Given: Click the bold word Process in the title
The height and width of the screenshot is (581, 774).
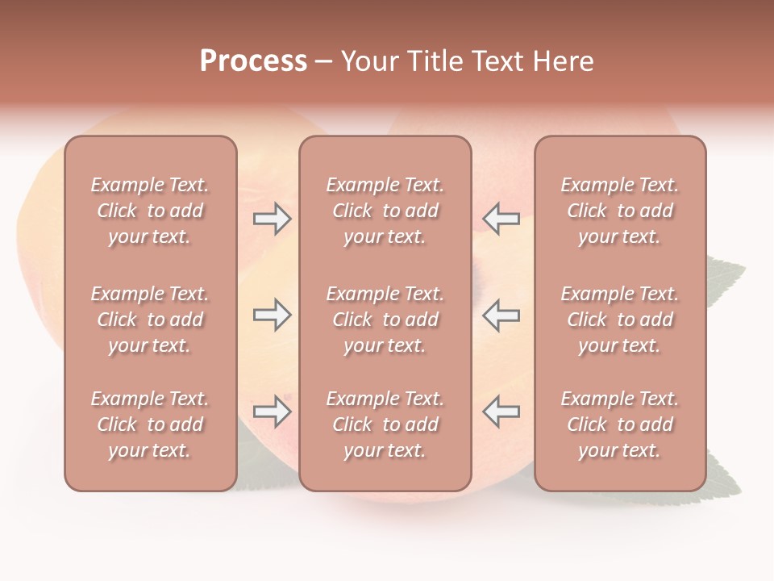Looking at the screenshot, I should (x=253, y=61).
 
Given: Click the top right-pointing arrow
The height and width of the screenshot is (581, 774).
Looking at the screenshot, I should (x=272, y=219).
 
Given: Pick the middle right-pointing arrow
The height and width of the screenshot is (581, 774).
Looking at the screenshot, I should (x=272, y=315).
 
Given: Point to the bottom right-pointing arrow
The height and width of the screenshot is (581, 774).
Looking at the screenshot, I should (x=272, y=412).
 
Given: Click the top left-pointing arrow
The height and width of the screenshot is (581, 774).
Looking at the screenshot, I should (x=501, y=219).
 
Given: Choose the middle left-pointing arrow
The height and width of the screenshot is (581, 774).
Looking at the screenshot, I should (x=501, y=315).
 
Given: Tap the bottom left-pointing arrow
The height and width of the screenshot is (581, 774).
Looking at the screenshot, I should (x=501, y=412).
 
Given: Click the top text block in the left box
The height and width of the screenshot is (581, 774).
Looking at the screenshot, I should (x=150, y=211).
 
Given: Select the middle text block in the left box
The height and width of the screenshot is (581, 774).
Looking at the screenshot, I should (x=150, y=320).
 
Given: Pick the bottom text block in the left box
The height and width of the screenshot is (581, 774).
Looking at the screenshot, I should (x=150, y=424).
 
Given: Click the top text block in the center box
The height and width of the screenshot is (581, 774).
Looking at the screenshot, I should (x=385, y=211).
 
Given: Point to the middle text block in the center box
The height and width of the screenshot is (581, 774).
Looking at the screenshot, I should (x=385, y=320).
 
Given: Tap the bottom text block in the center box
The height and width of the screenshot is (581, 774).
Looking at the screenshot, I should (x=385, y=424).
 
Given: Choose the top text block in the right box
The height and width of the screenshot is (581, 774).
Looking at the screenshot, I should (x=619, y=211).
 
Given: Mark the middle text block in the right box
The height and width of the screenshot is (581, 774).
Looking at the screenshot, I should (x=619, y=320).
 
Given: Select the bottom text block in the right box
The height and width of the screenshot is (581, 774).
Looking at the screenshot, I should (x=619, y=424).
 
